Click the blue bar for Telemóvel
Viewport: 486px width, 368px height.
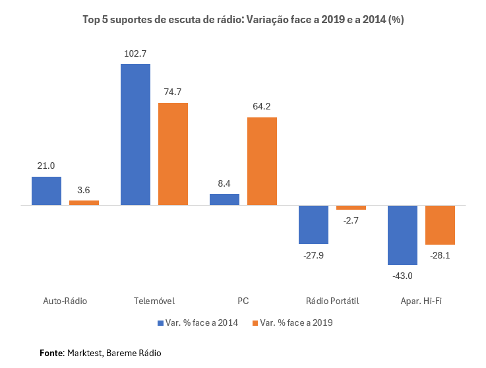point(135,135)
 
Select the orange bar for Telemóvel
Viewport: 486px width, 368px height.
point(173,154)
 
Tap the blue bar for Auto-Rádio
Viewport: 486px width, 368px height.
point(46,191)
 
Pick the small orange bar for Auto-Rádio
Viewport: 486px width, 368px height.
point(84,202)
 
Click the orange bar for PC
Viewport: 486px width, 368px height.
point(262,161)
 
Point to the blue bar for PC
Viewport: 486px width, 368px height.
point(224,199)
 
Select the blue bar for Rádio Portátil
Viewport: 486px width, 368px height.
point(313,224)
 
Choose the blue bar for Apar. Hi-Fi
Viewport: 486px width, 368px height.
point(402,235)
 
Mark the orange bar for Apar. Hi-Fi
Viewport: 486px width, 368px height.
point(440,225)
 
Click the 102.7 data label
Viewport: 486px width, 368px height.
point(135,53)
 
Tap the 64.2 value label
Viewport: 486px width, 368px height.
point(262,106)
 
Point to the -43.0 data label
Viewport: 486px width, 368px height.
point(402,276)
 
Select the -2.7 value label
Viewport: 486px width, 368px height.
point(351,220)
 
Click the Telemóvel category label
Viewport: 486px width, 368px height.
point(154,301)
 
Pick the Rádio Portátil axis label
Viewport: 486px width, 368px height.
point(332,301)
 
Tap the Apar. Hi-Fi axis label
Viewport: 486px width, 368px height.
point(421,301)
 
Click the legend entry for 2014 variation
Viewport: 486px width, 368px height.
point(198,322)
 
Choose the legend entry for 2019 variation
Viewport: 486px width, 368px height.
point(292,322)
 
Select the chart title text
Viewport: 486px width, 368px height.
point(243,20)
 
